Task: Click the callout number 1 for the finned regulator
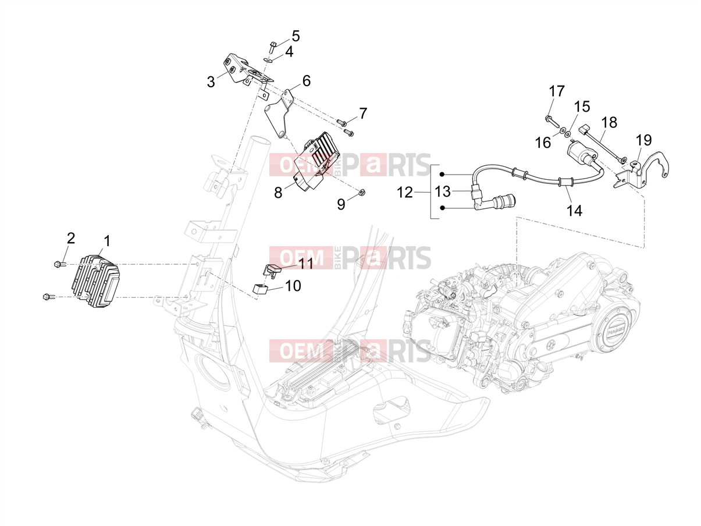coord(107,241)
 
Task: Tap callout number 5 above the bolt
coord(296,36)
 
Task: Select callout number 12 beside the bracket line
coord(405,193)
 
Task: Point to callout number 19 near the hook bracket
coord(643,140)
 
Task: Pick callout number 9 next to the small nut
coord(341,204)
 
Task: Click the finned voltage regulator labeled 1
coord(95,282)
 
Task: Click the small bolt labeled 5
coord(272,47)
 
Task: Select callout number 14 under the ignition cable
coord(574,211)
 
